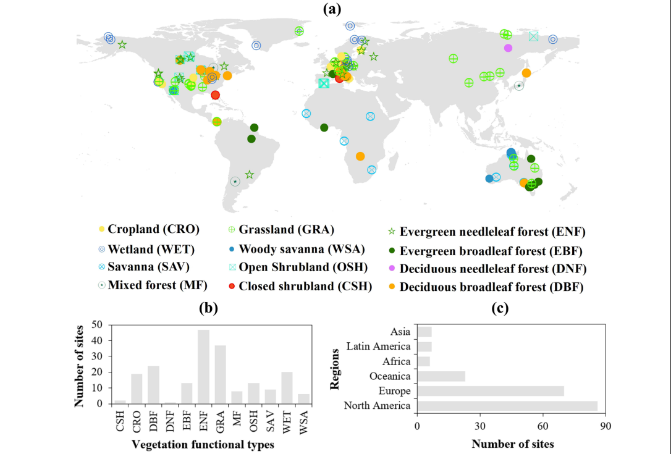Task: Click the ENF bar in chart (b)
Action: pos(203,367)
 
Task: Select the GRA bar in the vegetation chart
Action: pos(220,374)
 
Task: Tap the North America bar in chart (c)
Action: pos(507,406)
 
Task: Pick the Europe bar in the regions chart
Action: pos(491,391)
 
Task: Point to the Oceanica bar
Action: pos(441,376)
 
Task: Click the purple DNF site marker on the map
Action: pos(508,48)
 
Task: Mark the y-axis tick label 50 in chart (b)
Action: pos(96,324)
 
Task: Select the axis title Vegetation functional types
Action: pos(195,445)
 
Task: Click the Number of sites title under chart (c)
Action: pos(513,443)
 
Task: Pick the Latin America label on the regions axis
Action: pos(378,347)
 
